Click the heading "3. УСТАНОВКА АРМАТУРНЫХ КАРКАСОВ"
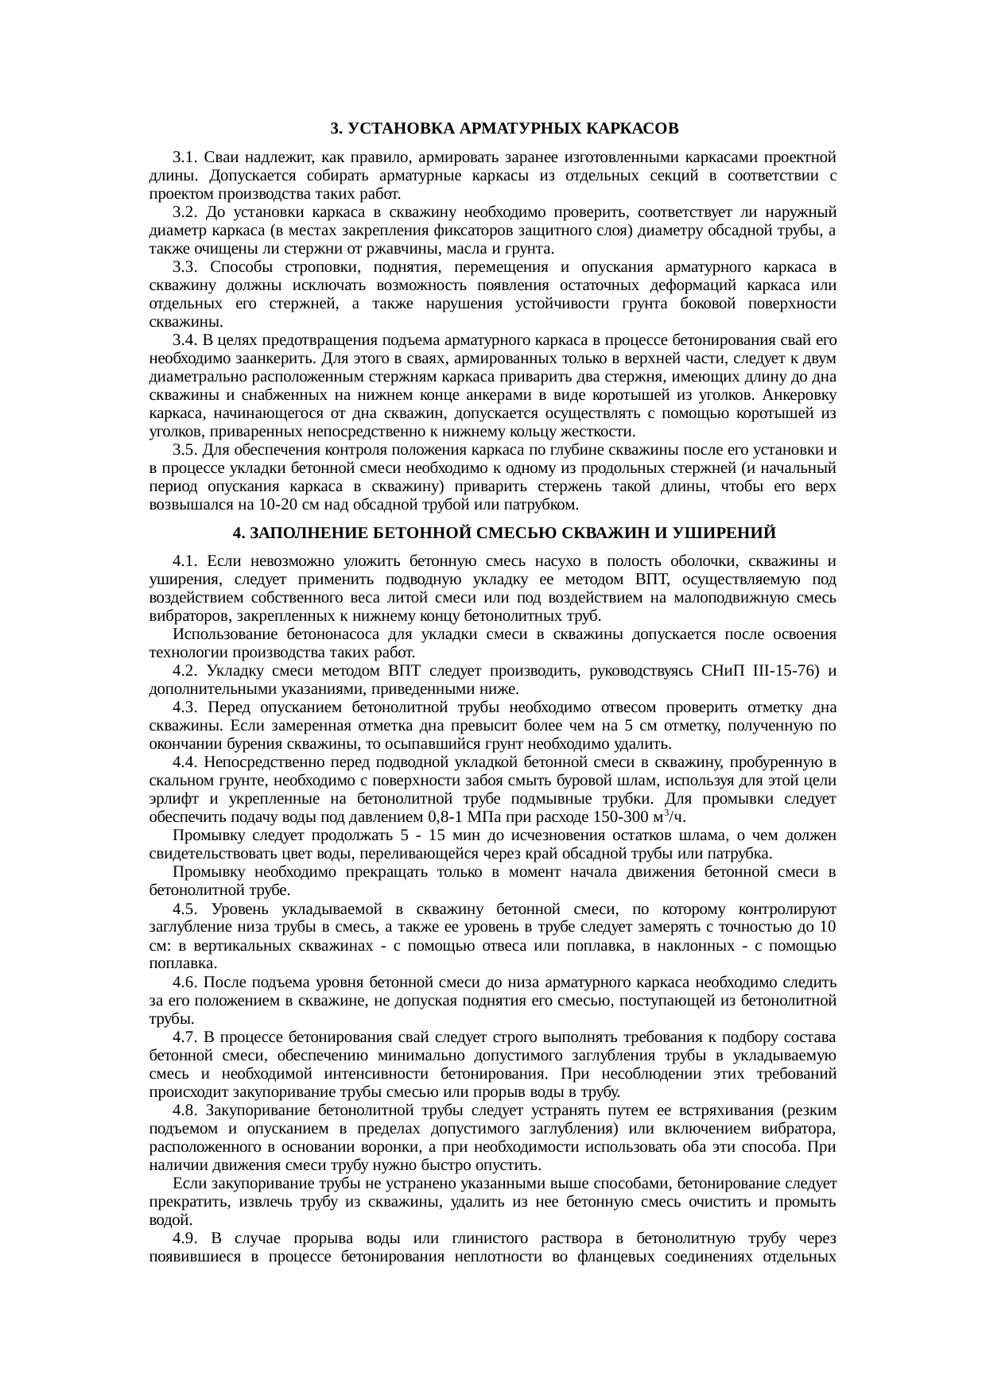504,128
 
